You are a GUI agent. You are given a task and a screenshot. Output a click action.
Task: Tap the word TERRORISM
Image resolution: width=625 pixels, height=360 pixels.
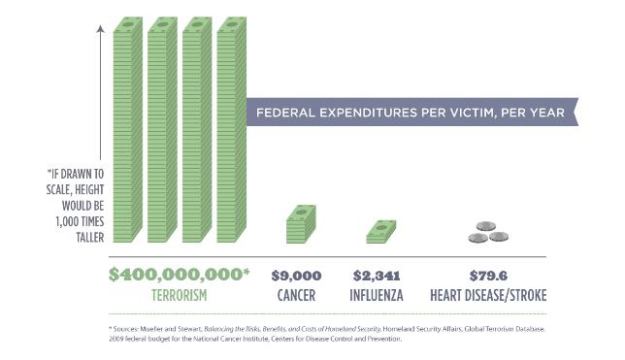point(179,295)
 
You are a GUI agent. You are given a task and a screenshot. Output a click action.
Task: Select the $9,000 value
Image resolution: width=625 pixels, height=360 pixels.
point(296,276)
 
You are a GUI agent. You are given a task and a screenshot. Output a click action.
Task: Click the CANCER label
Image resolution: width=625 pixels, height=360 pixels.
point(296,295)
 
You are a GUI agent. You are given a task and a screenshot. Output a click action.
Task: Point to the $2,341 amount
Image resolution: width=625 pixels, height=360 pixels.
point(377,276)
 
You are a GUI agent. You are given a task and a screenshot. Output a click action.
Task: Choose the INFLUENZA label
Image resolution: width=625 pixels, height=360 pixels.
point(377,295)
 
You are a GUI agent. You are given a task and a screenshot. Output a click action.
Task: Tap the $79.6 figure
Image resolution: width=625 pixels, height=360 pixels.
point(488,276)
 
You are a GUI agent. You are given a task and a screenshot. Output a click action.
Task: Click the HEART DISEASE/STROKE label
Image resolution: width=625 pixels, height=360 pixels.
point(488,295)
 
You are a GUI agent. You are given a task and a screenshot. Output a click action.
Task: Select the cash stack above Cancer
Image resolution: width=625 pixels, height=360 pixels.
point(301,224)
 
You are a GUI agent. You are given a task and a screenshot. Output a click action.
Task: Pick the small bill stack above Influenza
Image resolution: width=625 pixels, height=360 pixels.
point(381,232)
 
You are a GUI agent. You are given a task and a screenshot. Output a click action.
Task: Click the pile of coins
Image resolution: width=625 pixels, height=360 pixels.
point(488,232)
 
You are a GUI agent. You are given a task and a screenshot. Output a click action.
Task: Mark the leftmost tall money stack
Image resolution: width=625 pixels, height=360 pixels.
point(127,130)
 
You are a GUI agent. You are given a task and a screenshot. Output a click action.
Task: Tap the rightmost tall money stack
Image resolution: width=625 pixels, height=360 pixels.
point(232,130)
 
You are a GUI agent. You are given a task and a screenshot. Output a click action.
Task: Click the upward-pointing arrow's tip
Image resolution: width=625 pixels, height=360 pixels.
point(101,25)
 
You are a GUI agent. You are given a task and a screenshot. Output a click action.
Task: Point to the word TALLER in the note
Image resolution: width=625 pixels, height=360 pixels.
point(90,238)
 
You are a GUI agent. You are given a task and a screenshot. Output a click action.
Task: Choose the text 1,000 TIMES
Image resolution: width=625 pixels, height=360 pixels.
point(80,221)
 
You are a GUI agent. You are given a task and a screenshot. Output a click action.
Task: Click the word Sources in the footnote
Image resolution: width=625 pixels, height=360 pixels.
point(125,329)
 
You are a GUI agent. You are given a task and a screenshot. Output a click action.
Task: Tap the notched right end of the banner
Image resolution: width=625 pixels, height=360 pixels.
point(576,112)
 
